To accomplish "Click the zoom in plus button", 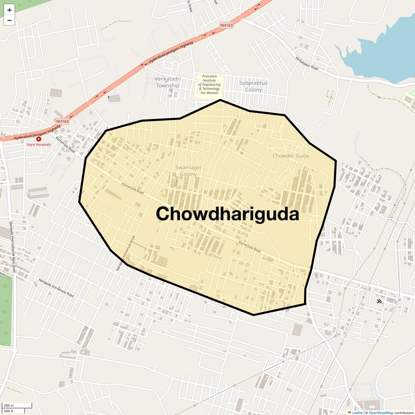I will coord(9,10).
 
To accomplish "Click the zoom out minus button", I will coord(9,20).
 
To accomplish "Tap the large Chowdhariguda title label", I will coord(227,214).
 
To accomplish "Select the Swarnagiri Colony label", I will coord(188,171).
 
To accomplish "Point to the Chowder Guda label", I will coord(290,156).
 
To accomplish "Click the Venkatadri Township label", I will coord(168,82).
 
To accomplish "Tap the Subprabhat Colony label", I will coord(253,86).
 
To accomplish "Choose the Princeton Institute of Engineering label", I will coord(209,84).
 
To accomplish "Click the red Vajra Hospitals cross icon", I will coord(39,139).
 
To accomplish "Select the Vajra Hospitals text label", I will coord(39,145).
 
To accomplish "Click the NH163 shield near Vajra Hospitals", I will coord(63,121).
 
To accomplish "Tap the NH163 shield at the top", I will coord(227,25).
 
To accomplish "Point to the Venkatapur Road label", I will coord(307,63).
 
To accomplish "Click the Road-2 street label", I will coord(176,182).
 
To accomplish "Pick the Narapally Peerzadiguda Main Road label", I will coord(12,247).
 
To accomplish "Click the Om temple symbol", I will coord(379,301).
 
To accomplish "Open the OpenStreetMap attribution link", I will coord(381,413).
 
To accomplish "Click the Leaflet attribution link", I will coord(357,413).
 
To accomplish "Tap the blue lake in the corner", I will coord(384,52).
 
